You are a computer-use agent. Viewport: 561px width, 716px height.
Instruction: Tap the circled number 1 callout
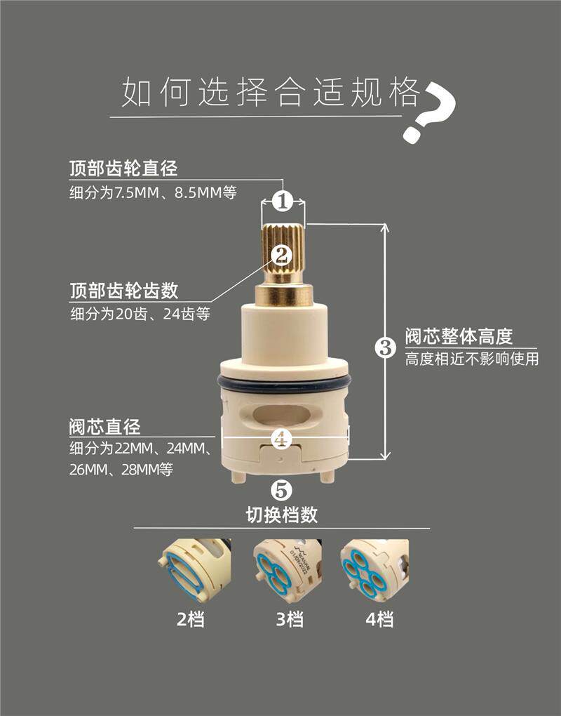[x=283, y=201]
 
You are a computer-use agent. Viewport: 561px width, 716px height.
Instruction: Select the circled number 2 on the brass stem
[x=281, y=255]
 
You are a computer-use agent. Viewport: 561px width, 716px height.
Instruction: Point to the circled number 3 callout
[x=386, y=348]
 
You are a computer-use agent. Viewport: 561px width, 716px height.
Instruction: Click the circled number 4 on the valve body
[x=281, y=439]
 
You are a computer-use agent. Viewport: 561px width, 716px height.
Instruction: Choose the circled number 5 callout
[x=281, y=490]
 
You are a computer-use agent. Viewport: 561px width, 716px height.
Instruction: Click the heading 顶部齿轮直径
[x=123, y=168]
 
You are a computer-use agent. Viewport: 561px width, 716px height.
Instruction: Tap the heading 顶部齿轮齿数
[x=124, y=291]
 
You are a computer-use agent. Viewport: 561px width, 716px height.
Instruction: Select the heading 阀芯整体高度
[x=459, y=336]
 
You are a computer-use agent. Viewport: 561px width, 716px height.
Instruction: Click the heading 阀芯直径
[x=105, y=427]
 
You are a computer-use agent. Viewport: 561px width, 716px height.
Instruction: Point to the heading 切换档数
[x=281, y=515]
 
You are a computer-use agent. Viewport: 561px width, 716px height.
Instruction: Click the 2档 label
[x=191, y=620]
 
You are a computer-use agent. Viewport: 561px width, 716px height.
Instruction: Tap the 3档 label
[x=290, y=620]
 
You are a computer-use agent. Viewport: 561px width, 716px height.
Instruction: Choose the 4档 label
[x=379, y=620]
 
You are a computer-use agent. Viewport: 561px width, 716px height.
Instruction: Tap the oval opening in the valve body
[x=281, y=415]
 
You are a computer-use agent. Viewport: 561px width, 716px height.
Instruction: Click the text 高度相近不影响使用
[x=472, y=359]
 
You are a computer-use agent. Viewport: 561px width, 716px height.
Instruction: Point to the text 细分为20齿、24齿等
[x=140, y=314]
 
